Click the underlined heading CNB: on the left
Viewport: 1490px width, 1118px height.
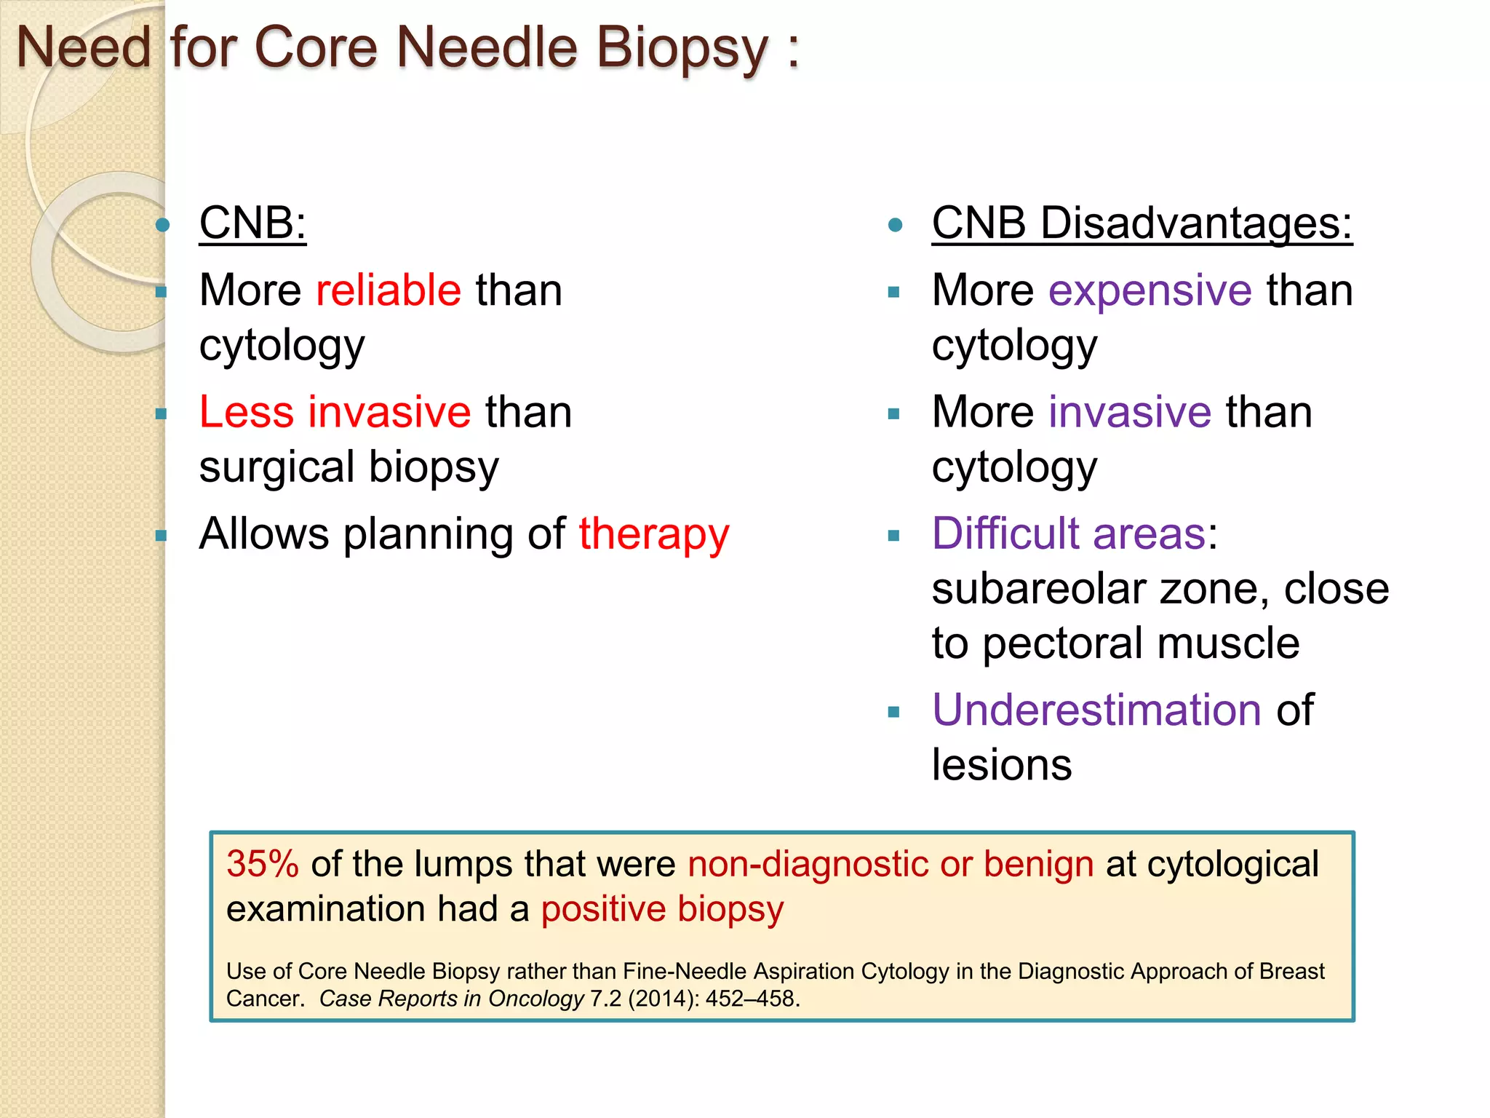[252, 223]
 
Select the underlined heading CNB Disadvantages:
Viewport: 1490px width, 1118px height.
[1142, 223]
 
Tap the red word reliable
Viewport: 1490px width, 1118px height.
[389, 290]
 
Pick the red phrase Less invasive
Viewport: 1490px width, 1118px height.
[335, 412]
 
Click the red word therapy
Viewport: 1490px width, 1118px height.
[653, 534]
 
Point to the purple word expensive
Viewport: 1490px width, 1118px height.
[1150, 290]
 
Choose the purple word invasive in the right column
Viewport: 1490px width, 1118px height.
[1129, 412]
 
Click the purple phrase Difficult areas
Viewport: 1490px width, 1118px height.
[1069, 534]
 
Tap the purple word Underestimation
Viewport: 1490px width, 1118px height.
[1096, 710]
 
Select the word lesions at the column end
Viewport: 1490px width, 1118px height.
[1002, 765]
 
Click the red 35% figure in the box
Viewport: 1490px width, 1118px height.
[263, 864]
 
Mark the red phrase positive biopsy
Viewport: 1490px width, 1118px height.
[662, 909]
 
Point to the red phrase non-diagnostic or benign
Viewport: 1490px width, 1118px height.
[891, 864]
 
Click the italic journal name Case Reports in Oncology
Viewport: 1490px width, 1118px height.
[451, 999]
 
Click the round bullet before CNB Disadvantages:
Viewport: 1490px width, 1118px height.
[896, 225]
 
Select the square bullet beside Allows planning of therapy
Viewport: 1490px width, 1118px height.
[162, 536]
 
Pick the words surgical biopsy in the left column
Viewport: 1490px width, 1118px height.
[349, 467]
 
